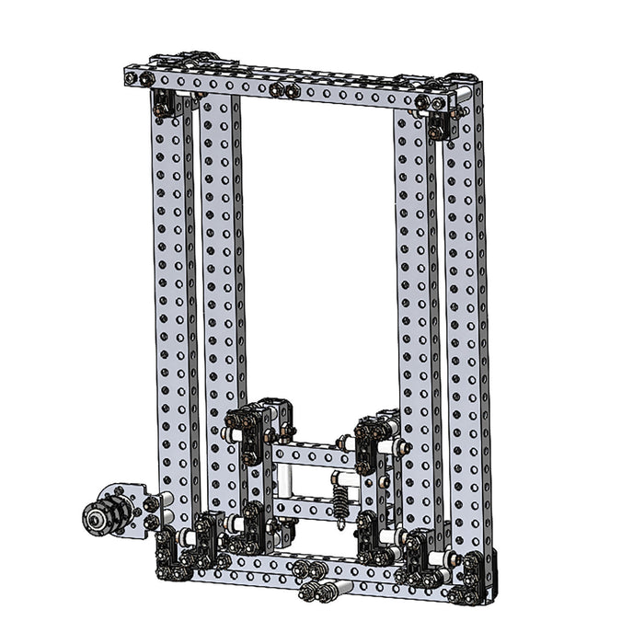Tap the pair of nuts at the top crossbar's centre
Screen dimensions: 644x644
click(x=284, y=90)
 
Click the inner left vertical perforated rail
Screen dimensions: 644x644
click(x=221, y=276)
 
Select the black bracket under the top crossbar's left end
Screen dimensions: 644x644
click(x=167, y=104)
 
